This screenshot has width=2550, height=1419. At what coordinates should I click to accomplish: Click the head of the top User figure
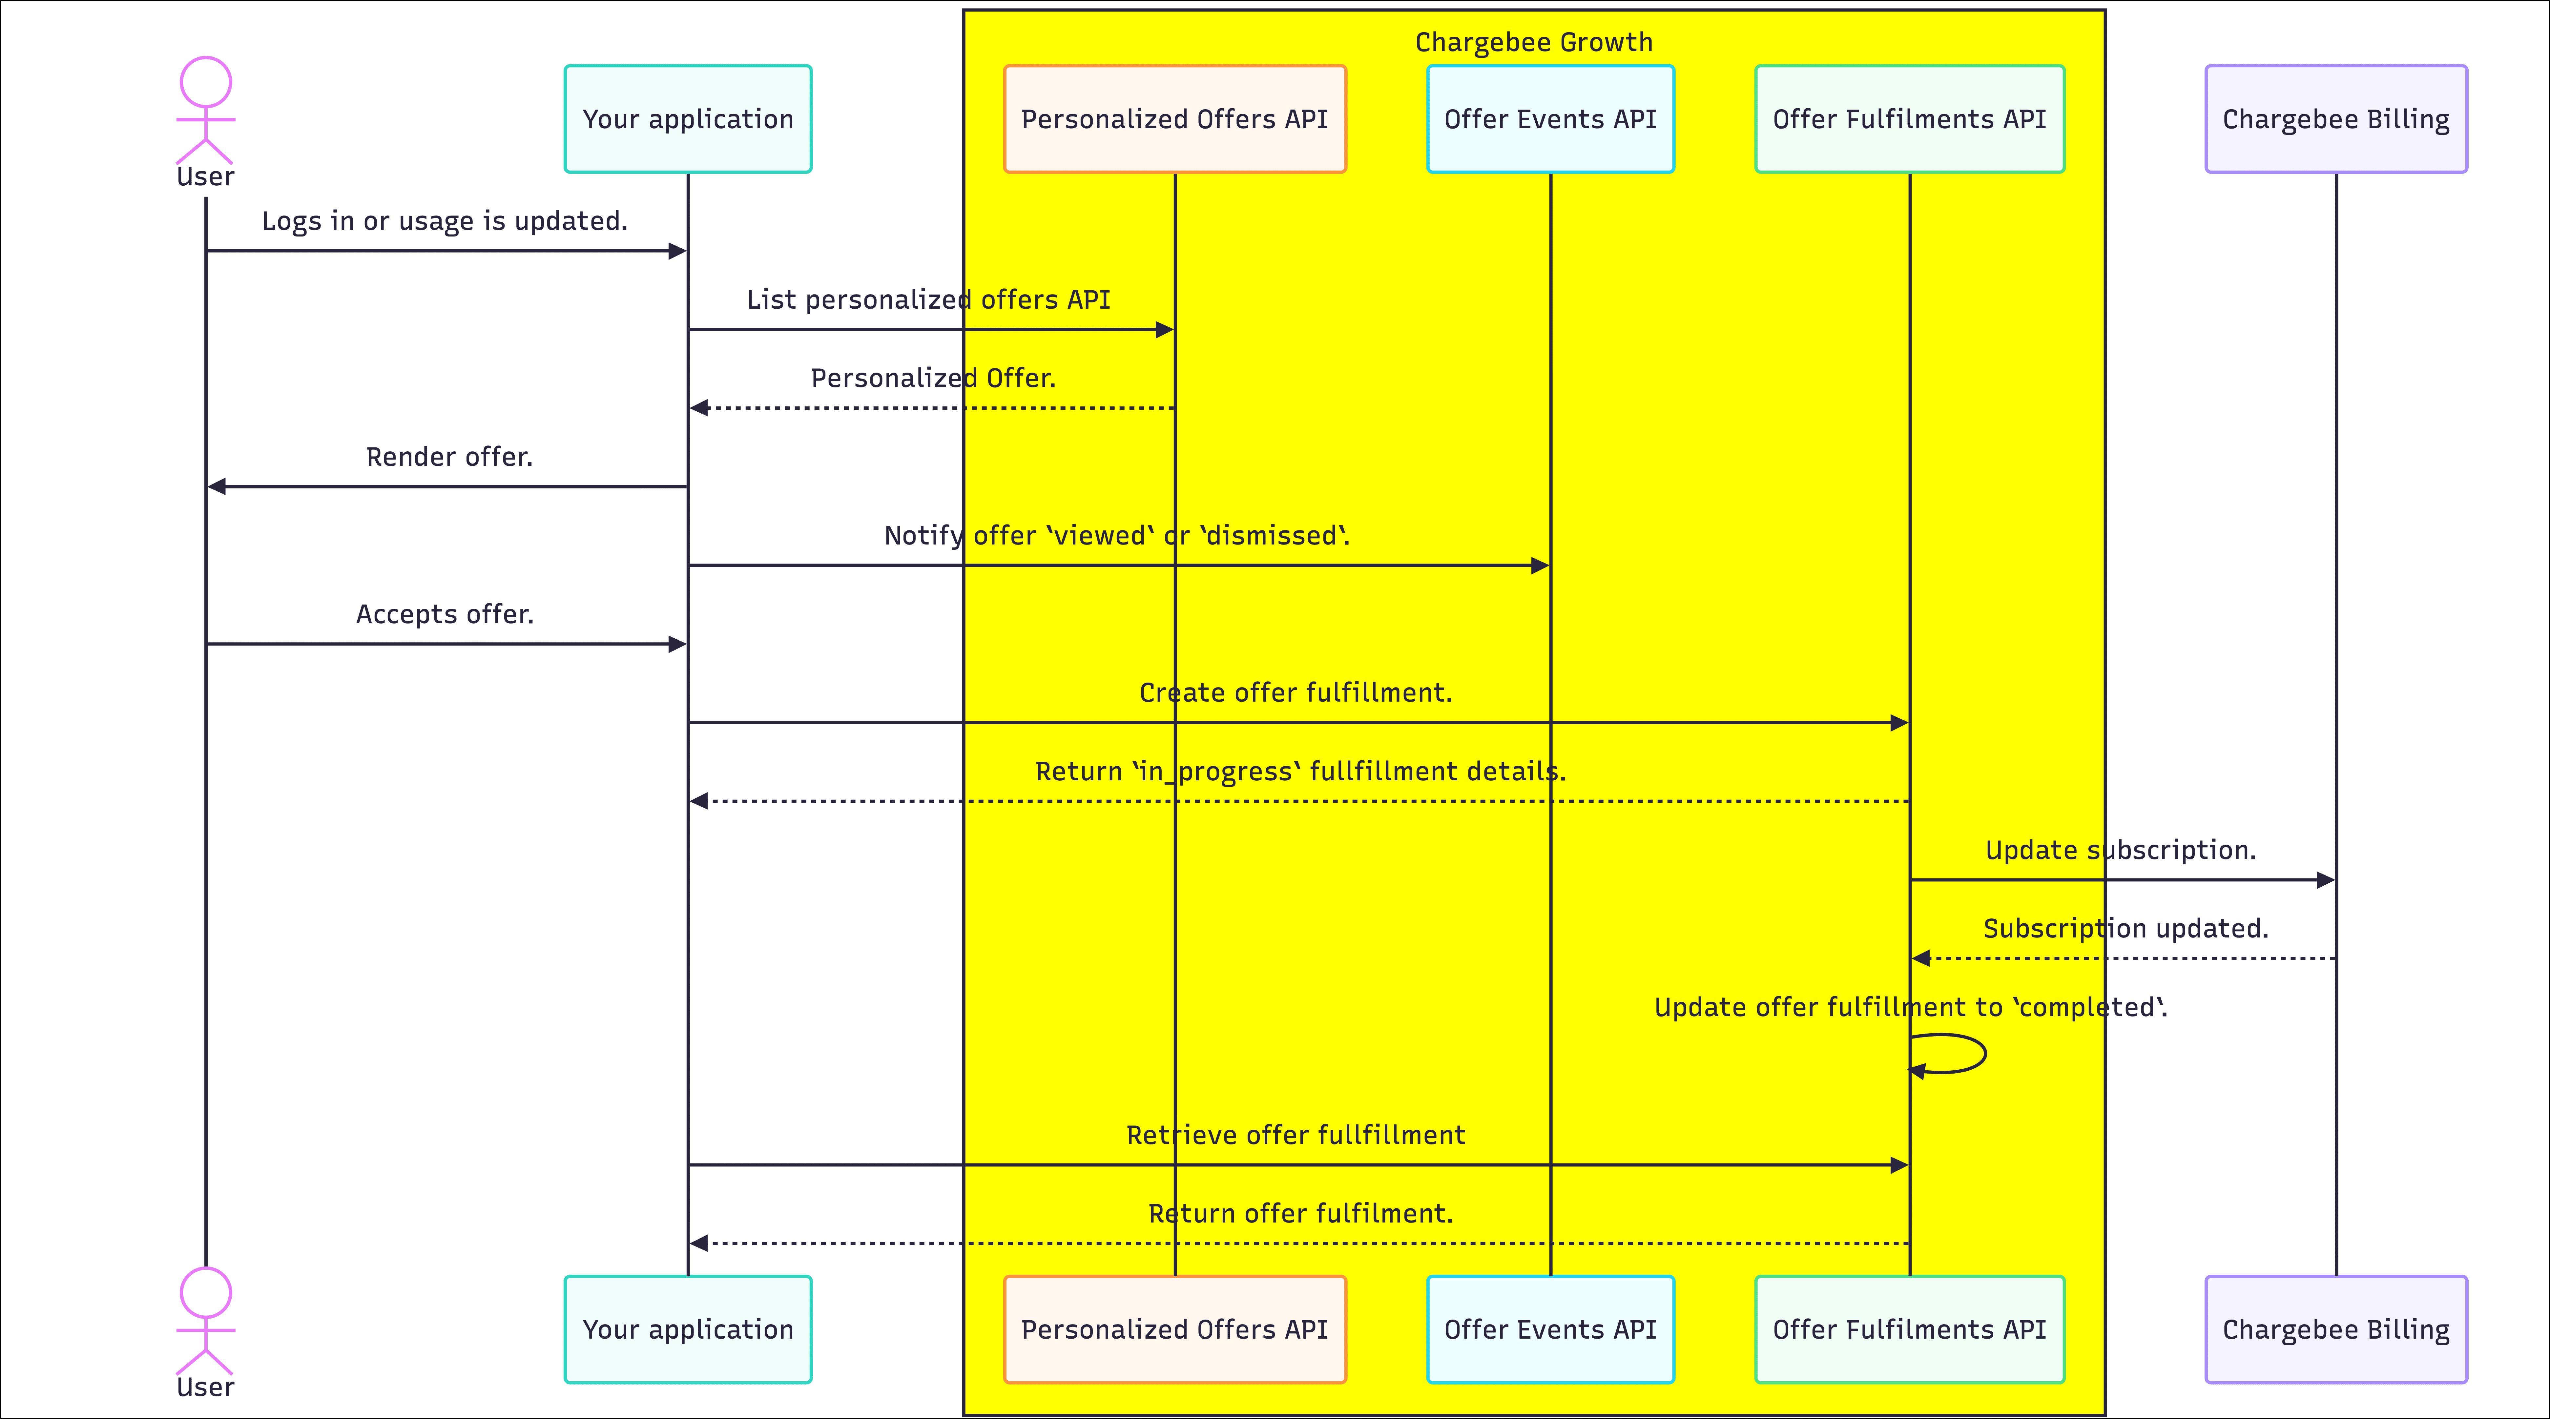pos(206,82)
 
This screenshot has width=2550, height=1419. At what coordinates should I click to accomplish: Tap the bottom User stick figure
pos(206,1321)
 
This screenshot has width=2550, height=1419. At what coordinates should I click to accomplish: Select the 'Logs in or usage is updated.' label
pos(445,221)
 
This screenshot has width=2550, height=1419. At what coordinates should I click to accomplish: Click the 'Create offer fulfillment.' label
pos(1296,693)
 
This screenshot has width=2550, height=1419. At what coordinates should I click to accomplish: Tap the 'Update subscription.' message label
pos(2120,850)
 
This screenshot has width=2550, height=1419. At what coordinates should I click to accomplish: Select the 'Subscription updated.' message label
pos(2125,928)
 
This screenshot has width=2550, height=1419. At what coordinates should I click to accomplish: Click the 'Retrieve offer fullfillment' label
pos(1296,1135)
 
